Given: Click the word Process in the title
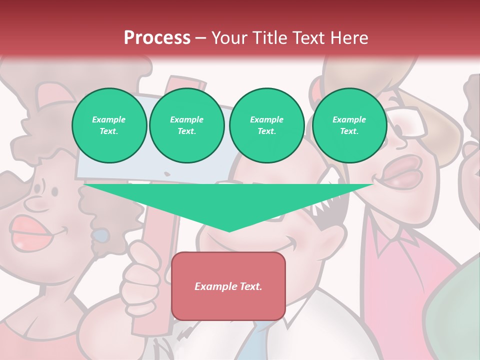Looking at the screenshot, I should [x=157, y=37].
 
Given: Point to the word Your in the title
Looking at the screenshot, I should [x=228, y=37].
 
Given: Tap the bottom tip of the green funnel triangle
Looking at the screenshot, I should [x=229, y=231].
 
